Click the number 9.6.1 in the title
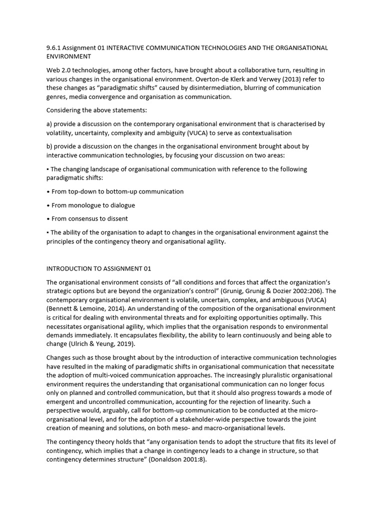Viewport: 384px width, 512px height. (53, 48)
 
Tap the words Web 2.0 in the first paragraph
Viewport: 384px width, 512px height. (59, 70)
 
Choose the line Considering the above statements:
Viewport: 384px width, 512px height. (96, 110)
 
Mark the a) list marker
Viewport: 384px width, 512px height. (49, 124)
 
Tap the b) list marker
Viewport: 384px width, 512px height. (49, 146)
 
